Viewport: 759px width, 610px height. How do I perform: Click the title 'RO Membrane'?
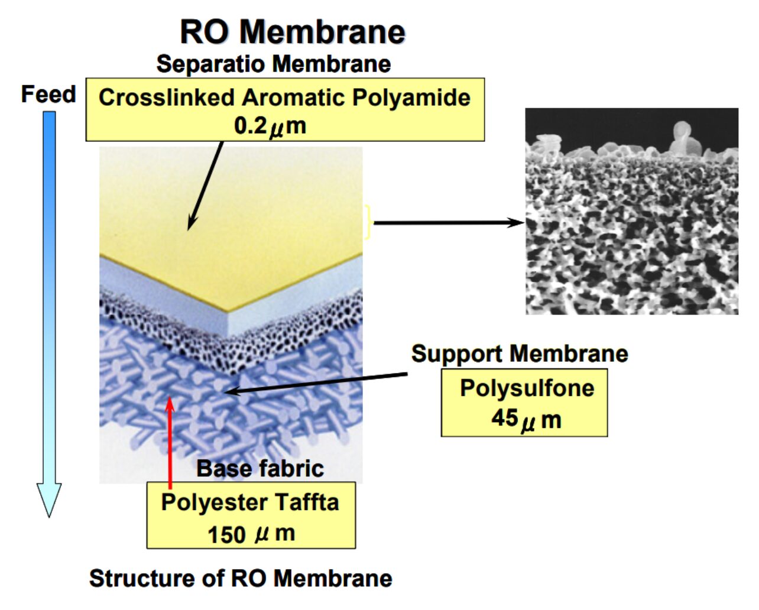tap(293, 32)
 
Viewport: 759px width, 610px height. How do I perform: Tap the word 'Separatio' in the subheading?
tap(210, 64)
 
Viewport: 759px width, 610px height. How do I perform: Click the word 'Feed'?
tap(48, 94)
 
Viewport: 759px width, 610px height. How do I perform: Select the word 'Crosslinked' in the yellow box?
tap(167, 97)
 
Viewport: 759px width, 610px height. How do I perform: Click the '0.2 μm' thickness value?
tap(270, 126)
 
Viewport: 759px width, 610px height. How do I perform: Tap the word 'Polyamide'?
tap(411, 98)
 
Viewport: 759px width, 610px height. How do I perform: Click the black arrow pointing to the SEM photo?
tap(449, 223)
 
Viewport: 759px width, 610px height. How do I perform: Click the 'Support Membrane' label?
tap(520, 353)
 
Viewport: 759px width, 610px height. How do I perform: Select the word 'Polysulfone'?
tap(527, 388)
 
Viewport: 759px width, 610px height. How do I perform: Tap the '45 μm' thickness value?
tap(526, 420)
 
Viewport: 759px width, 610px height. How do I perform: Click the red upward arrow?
tap(170, 443)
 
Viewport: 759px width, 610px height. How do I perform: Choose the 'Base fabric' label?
tap(260, 469)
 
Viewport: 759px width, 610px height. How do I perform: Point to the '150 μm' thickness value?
tap(251, 534)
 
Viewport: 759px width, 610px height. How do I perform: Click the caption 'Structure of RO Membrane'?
tap(241, 579)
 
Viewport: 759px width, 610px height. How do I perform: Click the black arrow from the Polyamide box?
tap(205, 186)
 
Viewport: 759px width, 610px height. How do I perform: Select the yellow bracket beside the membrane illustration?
tap(368, 222)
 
